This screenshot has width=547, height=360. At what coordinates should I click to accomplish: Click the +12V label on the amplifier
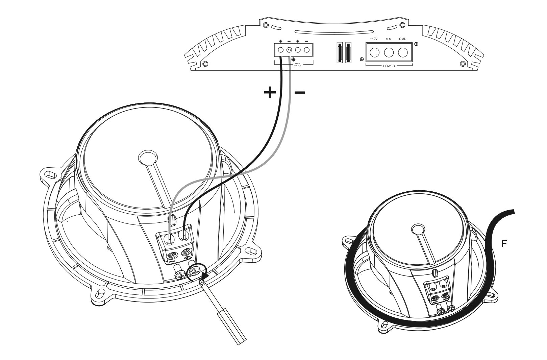[x=373, y=39]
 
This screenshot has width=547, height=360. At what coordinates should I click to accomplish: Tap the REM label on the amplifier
[x=388, y=39]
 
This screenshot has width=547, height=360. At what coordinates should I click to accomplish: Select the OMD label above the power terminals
[x=403, y=39]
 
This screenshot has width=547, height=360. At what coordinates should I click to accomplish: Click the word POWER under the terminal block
[x=389, y=66]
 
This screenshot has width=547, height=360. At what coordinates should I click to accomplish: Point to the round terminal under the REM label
[x=389, y=52]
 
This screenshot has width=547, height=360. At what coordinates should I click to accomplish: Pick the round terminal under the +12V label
[x=374, y=52]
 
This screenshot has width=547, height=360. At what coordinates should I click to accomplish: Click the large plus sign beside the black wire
[x=270, y=93]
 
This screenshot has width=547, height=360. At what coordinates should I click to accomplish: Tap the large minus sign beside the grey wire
[x=300, y=92]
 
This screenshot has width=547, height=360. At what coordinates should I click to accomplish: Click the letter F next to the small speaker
[x=504, y=243]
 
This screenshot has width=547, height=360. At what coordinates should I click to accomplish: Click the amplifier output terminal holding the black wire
[x=281, y=50]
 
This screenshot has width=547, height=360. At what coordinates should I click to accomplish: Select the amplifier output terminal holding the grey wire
[x=290, y=50]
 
